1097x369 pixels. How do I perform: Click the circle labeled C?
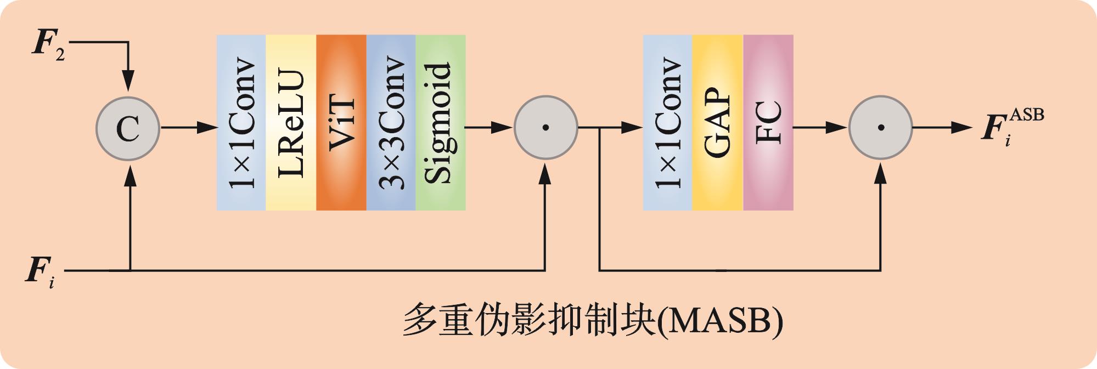tap(128, 128)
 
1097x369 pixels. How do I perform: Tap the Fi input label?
tap(41, 272)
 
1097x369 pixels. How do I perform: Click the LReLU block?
tap(291, 123)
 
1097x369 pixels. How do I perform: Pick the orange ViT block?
tap(341, 123)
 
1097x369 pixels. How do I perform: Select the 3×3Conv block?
tap(391, 123)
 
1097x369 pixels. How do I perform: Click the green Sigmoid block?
tap(441, 123)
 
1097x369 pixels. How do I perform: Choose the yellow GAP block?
tap(718, 123)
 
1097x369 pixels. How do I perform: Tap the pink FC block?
tap(768, 123)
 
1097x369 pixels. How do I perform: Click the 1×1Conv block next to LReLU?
tap(241, 123)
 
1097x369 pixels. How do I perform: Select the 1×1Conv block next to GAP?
tap(668, 123)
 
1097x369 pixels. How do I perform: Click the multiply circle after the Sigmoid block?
tap(545, 128)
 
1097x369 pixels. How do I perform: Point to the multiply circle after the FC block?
tap(880, 128)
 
